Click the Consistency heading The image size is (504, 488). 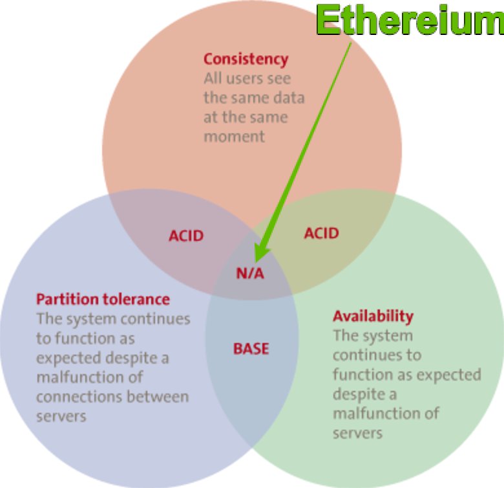pyautogui.click(x=246, y=59)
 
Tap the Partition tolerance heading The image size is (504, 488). pyautogui.click(x=103, y=299)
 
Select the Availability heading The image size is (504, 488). pyautogui.click(x=373, y=316)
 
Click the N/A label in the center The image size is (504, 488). pyautogui.click(x=249, y=273)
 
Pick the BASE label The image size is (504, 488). pyautogui.click(x=251, y=349)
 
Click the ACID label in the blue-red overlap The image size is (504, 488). pyautogui.click(x=186, y=236)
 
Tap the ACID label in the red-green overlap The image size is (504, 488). pyautogui.click(x=321, y=232)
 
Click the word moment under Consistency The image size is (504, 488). pyautogui.click(x=235, y=137)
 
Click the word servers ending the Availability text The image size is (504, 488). pyautogui.click(x=357, y=433)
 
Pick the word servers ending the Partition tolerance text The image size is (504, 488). pyautogui.click(x=61, y=416)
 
